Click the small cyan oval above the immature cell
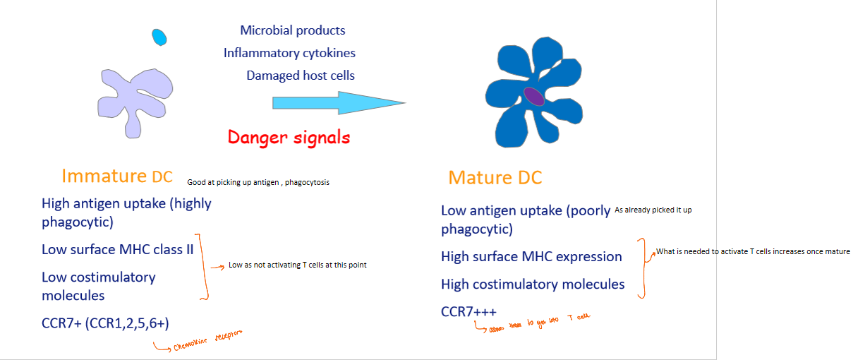(x=159, y=37)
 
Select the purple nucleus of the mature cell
(x=534, y=97)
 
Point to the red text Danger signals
(x=289, y=137)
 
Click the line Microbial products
(x=293, y=30)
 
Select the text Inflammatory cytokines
(x=289, y=53)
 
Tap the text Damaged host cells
(x=301, y=76)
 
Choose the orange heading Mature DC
(x=495, y=177)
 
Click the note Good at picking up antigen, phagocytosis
(x=258, y=182)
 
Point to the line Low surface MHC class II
(x=117, y=249)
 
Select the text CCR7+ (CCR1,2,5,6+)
(x=105, y=323)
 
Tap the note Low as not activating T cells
(x=297, y=265)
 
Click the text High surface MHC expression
(x=531, y=256)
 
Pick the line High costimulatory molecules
(x=533, y=284)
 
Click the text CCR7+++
(x=468, y=311)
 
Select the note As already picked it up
(x=658, y=210)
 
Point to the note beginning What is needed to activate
(x=753, y=251)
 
